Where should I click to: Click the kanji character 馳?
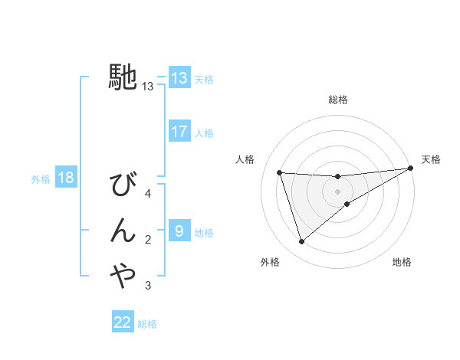123,76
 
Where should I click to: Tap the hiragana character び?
123,186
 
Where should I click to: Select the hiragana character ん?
123,231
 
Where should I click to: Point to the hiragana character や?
123,275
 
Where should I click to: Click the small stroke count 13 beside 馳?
148,87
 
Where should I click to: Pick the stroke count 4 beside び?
148,194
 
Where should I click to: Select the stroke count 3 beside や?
148,286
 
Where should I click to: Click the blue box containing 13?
179,78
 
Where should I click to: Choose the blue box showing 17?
179,132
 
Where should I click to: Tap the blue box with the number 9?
179,231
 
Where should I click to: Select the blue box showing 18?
66,178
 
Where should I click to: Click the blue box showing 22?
123,322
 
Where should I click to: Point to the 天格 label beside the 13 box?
204,79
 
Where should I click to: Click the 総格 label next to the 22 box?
147,323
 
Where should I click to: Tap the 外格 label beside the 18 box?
41,179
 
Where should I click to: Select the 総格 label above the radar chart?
338,100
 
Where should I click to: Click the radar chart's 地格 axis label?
402,262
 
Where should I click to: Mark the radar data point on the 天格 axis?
410,169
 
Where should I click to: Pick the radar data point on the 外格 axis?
301,242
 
